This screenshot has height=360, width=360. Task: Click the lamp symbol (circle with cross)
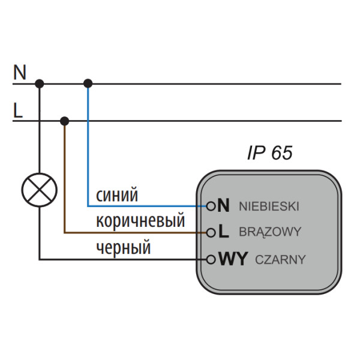coord(39,190)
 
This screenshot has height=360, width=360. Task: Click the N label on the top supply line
coord(20,73)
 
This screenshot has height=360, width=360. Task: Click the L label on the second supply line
coord(18,110)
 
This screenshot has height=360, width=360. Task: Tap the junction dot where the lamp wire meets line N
coord(40,83)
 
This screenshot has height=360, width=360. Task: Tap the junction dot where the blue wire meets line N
coord(88,83)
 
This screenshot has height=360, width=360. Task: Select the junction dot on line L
coord(64,121)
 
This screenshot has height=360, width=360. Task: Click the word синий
coord(117,195)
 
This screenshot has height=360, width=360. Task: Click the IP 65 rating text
coord(269,153)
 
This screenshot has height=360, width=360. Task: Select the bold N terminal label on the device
coord(224,206)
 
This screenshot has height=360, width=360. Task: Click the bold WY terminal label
coord(233,259)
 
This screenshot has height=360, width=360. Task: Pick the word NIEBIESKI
coord(268,206)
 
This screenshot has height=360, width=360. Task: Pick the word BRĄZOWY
coord(269,232)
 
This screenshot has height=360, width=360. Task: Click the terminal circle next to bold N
coord(211,206)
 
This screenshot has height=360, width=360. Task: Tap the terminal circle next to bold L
coord(211,232)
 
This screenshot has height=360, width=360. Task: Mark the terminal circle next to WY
coord(211,259)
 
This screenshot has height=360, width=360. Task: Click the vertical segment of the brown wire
coord(64,180)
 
